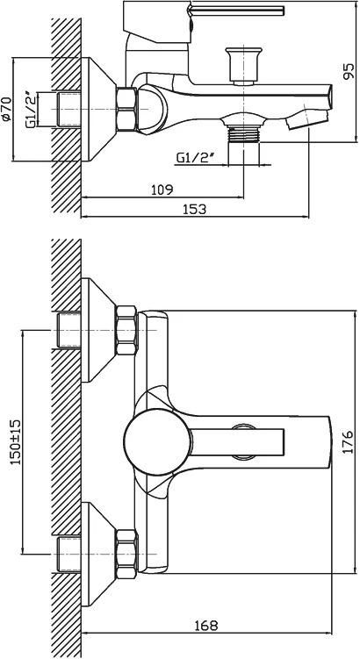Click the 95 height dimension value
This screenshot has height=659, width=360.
tap(349, 71)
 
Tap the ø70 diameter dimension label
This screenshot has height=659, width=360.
tap(6, 110)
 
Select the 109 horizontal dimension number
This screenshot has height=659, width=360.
tap(162, 190)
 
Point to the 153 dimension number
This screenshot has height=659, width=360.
tap(195, 209)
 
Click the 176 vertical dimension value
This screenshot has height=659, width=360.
tap(349, 441)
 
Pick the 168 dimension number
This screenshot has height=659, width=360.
tap(206, 626)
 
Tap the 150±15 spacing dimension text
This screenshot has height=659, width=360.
tap(16, 441)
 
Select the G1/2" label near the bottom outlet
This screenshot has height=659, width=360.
tap(197, 158)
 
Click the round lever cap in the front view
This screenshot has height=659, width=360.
tap(158, 441)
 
